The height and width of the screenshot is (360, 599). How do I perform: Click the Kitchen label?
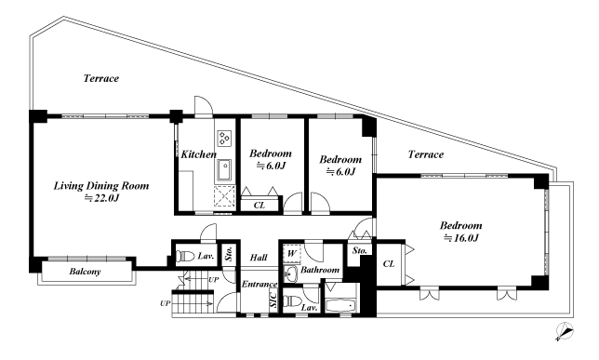(x=198, y=154)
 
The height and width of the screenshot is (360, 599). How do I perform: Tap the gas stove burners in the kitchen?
(x=224, y=138)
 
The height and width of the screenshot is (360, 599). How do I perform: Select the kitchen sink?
(x=224, y=170)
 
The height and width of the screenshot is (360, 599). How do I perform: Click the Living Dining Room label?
(x=100, y=186)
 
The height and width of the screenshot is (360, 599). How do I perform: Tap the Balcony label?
(x=85, y=272)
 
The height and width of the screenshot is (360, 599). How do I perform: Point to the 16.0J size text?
(x=460, y=238)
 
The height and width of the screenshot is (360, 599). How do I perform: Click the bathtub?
(x=341, y=306)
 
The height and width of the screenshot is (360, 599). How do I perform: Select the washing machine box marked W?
(x=292, y=253)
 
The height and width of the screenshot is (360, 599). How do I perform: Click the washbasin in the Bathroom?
(x=291, y=273)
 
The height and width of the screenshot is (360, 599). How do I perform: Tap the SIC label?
(x=273, y=300)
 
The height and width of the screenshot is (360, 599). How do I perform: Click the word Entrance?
(x=260, y=285)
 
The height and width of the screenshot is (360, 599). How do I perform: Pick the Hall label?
(x=259, y=258)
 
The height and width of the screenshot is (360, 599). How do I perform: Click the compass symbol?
(x=565, y=330)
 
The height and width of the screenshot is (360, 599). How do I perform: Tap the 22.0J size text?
(x=101, y=198)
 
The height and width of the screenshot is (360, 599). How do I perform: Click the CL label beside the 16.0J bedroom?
(x=389, y=263)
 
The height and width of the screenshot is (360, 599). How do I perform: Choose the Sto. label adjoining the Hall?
(x=229, y=253)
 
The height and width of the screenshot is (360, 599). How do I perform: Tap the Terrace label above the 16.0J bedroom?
(x=426, y=154)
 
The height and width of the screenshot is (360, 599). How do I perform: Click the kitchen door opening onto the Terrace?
(x=204, y=106)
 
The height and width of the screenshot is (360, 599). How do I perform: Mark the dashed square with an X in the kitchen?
(x=224, y=196)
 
